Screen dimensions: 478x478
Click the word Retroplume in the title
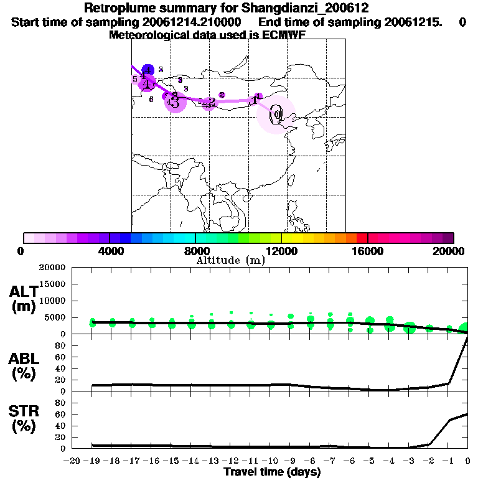[118, 9]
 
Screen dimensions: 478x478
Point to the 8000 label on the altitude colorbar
[195, 251]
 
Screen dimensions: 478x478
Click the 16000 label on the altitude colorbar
[368, 251]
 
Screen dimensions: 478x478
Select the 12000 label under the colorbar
[281, 251]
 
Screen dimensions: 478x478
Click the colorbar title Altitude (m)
[230, 260]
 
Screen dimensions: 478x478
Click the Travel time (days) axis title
[272, 472]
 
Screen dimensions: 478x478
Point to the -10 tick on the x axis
[269, 461]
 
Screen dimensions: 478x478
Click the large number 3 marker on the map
[176, 102]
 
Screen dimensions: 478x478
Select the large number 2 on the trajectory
[212, 101]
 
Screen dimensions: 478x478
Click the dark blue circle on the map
[148, 70]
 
